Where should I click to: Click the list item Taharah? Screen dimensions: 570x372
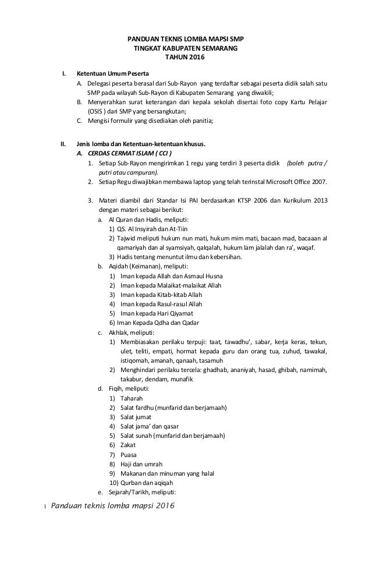coord(130,398)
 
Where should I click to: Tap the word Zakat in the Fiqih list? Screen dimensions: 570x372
coord(129,445)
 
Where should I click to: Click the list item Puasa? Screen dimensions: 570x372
coord(129,454)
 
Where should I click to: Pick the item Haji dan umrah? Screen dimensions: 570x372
coord(141,463)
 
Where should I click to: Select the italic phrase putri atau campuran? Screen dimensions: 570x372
coord(128,172)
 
